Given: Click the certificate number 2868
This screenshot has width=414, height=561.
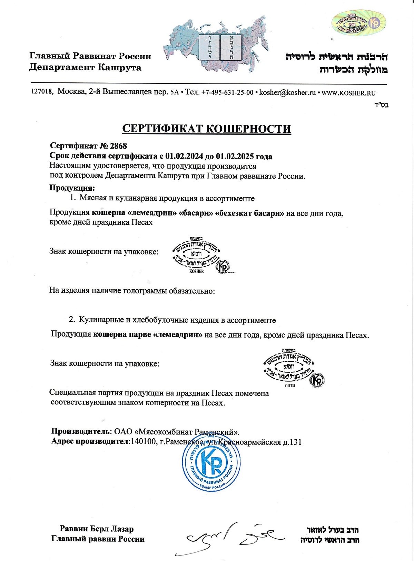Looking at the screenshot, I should click(x=118, y=146).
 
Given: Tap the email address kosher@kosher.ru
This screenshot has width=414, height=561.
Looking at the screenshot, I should click(x=287, y=93).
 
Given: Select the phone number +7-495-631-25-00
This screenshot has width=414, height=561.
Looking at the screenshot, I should click(x=227, y=93).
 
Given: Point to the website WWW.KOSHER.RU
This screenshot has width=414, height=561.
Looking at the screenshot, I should click(x=348, y=93).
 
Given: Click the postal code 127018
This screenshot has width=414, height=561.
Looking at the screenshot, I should click(x=42, y=92).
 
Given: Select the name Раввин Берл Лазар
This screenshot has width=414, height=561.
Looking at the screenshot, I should click(x=97, y=529).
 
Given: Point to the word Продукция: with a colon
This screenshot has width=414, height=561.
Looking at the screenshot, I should click(x=72, y=188).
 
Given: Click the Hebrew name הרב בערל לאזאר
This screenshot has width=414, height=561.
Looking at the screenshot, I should click(x=332, y=530).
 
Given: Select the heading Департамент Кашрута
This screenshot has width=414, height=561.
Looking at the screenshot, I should click(x=85, y=67).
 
